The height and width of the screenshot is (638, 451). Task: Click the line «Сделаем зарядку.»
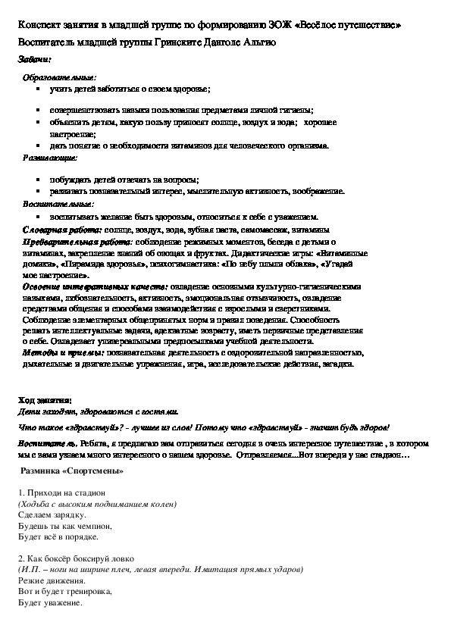pos(52,514)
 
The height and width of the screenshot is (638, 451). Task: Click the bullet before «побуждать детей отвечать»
pos(39,180)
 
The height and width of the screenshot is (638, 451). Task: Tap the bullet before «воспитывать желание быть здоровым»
pos(39,217)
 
